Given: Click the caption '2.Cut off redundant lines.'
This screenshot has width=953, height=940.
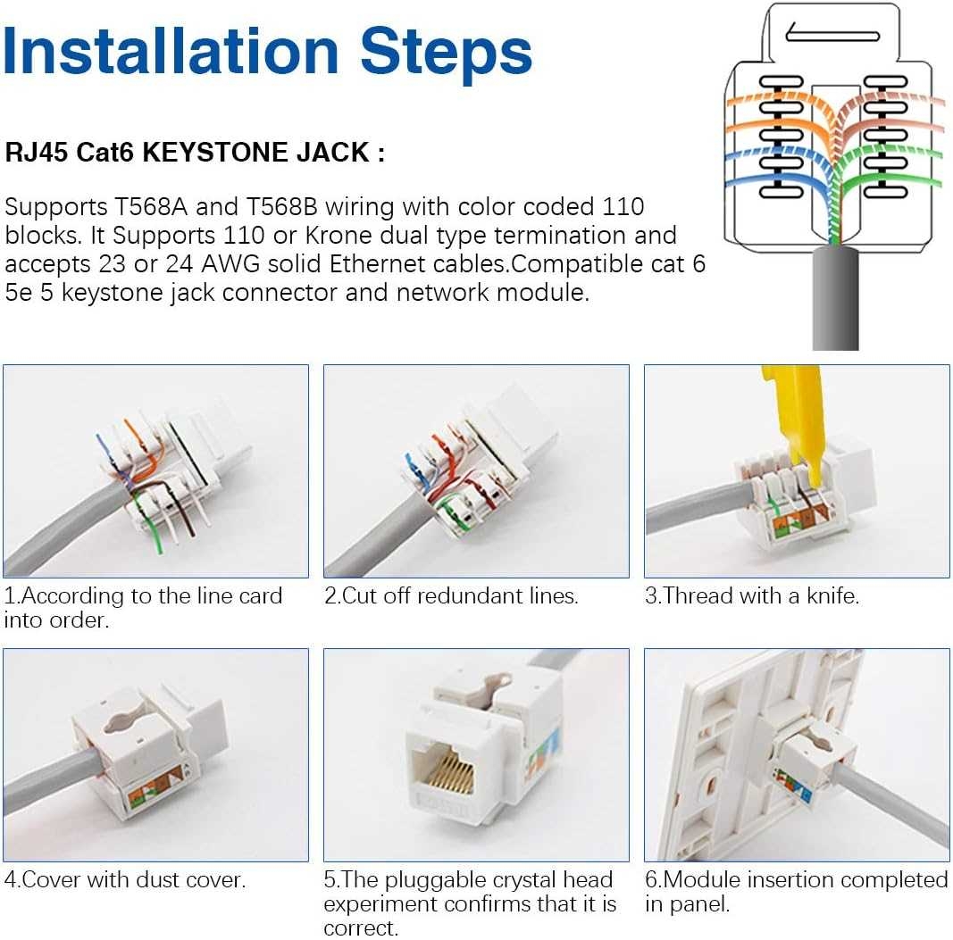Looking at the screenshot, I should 451,596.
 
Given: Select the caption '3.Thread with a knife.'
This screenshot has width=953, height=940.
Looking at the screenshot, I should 752,596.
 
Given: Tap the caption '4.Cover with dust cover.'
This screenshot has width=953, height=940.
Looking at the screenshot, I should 124,880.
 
